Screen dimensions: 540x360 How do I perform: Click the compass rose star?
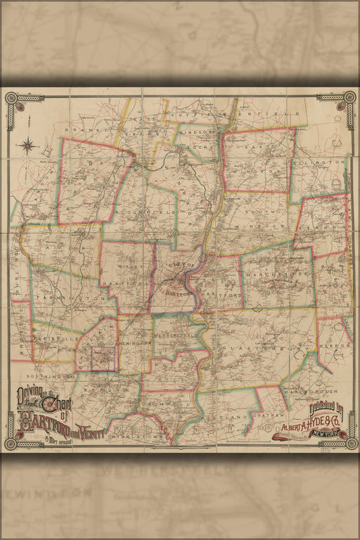point(30,146)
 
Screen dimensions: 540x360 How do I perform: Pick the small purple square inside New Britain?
point(104,357)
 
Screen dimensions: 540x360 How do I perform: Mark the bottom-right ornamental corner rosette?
point(346,443)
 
